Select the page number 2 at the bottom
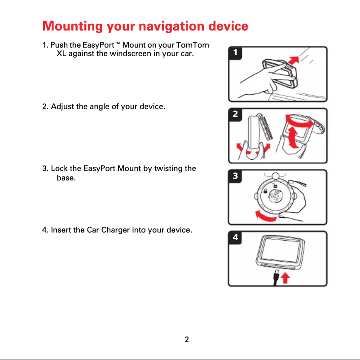pos(187,339)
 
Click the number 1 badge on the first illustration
pos(235,53)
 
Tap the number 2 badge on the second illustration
pos(235,114)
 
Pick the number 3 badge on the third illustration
pos(235,176)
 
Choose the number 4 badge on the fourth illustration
pos(235,237)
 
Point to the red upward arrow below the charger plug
pos(285,279)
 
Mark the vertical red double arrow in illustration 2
pos(293,137)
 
